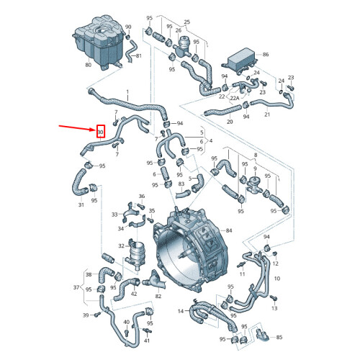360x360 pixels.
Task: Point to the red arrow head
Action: pos(94,130)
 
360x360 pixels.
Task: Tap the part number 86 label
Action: pos(266,55)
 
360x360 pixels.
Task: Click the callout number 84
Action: pos(229,230)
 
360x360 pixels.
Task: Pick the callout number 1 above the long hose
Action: pos(127,92)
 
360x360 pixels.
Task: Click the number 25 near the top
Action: pos(187,22)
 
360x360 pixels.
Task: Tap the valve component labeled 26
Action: pos(182,46)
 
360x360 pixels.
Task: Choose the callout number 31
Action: pos(81,204)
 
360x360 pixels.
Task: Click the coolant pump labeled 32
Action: pos(135,254)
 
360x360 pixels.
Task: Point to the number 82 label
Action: pos(158,296)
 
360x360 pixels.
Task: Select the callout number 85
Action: pos(279,337)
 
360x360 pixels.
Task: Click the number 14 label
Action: pos(181,311)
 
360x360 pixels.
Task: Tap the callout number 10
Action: pos(277,279)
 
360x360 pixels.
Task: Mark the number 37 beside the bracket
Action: pos(76,287)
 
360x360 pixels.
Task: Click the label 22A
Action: pos(235,98)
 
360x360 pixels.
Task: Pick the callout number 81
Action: pos(139,55)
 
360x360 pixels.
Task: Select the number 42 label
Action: pos(134,294)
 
